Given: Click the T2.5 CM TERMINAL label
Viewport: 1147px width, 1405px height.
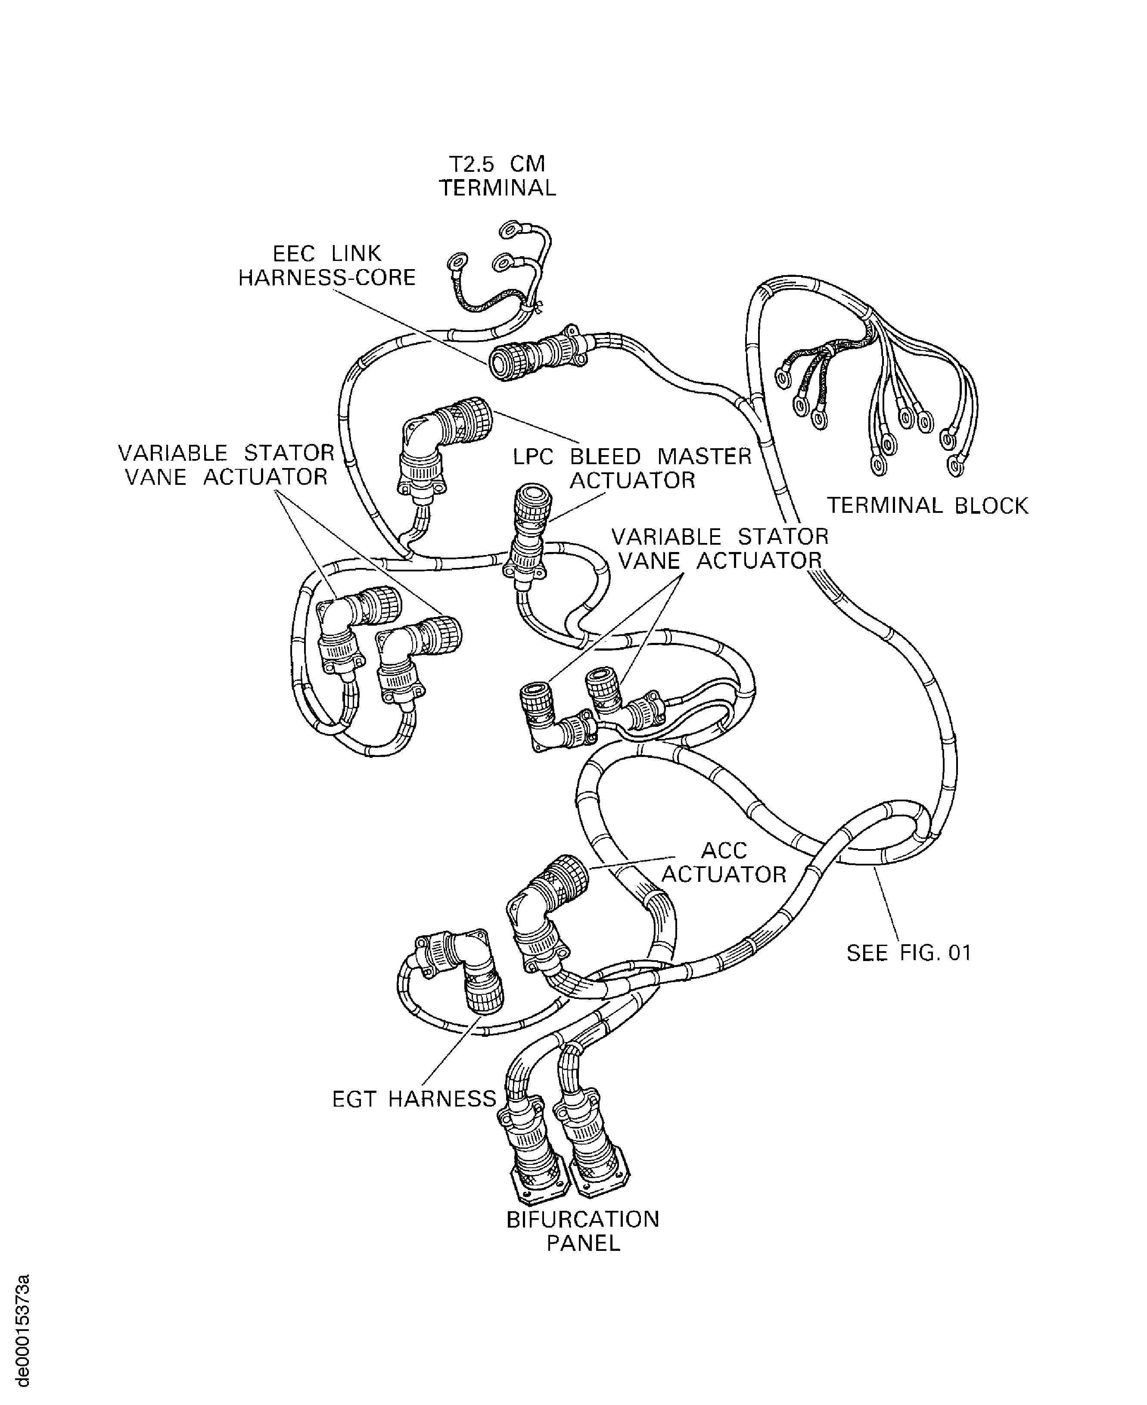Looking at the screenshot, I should [x=497, y=176].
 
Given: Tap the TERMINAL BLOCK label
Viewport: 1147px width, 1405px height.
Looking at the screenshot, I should [x=928, y=506].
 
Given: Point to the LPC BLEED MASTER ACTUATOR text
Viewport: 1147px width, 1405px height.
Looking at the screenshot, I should [x=632, y=468].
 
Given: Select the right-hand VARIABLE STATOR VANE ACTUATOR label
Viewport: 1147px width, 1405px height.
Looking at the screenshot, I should [x=720, y=548].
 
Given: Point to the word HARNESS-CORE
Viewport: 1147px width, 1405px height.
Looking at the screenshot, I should [x=327, y=277].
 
